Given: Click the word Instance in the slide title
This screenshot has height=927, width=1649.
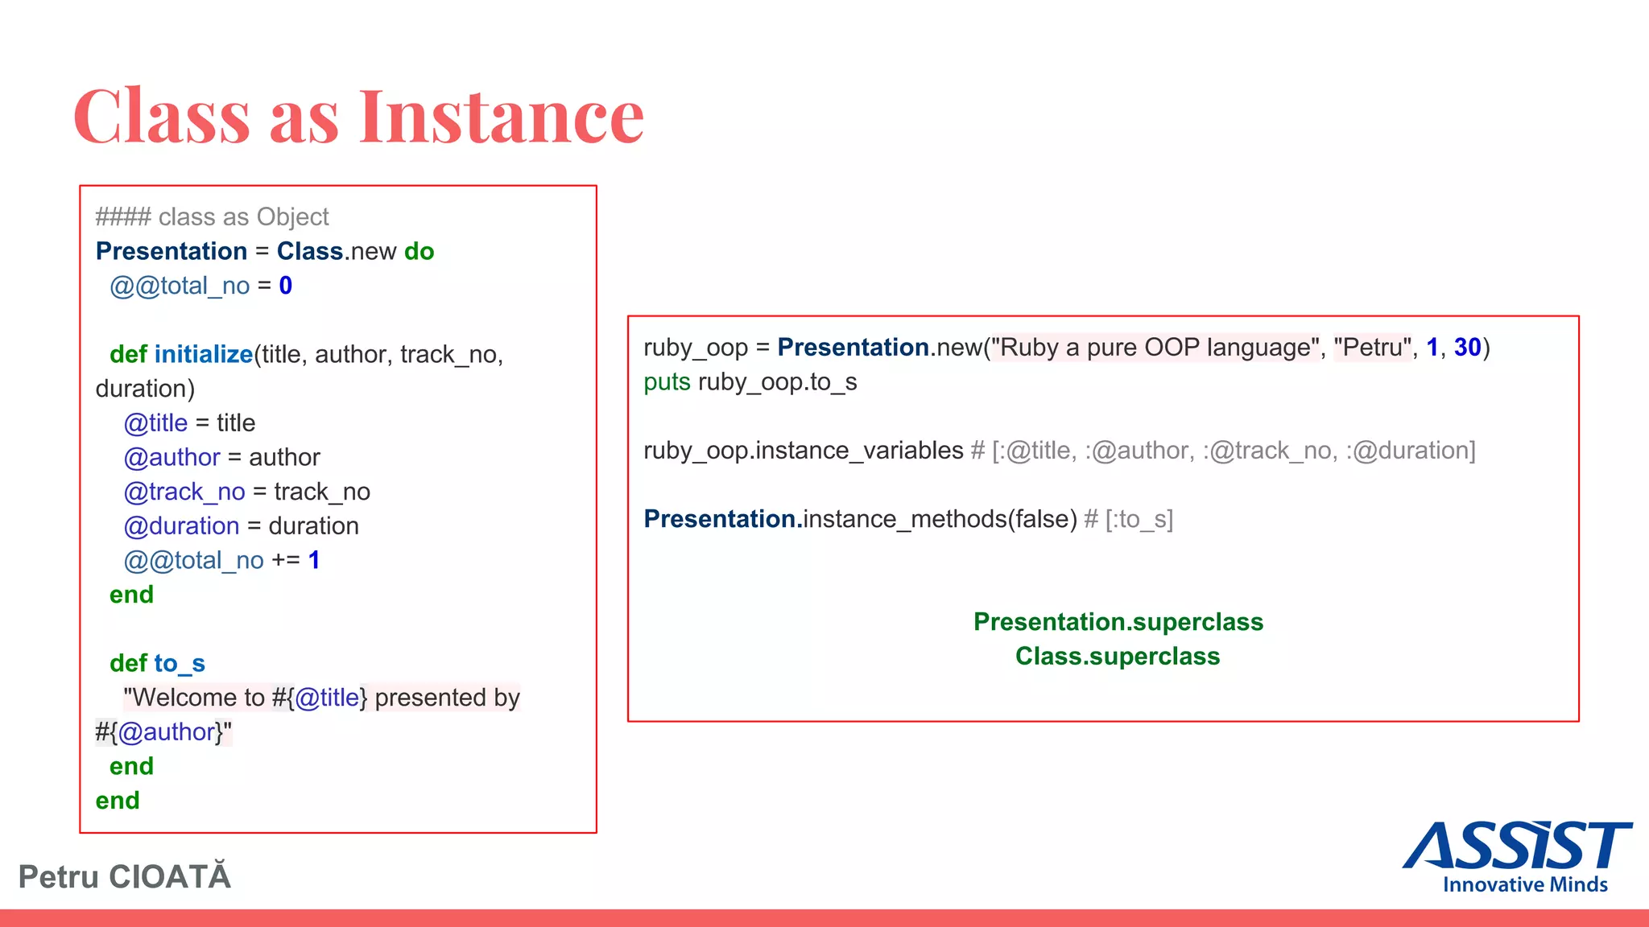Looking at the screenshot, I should [x=501, y=117].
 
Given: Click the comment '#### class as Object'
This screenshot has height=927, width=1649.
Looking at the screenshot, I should [x=212, y=216].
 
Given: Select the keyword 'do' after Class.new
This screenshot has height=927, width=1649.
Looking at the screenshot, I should [x=419, y=251].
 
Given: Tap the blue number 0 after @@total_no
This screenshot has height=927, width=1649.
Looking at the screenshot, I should [x=285, y=286].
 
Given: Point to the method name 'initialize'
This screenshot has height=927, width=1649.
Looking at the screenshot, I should [x=203, y=354].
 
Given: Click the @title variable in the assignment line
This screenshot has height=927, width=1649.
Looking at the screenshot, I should [x=155, y=423].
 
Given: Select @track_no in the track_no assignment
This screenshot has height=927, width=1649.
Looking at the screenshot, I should [x=184, y=492].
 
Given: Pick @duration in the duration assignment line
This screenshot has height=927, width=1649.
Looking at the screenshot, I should [x=181, y=526].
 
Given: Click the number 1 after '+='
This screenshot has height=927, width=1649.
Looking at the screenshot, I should [x=314, y=560].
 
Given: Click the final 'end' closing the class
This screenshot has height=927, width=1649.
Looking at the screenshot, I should [x=118, y=801].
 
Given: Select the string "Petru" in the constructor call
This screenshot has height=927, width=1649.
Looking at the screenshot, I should [x=1372, y=348].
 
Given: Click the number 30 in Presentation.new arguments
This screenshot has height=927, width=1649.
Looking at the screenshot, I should [x=1467, y=348].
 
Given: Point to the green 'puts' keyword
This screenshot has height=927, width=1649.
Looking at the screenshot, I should [x=667, y=382].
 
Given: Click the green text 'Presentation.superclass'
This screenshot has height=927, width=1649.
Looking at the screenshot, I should [x=1118, y=622].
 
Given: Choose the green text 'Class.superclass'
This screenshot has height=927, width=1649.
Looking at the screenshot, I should [x=1118, y=657].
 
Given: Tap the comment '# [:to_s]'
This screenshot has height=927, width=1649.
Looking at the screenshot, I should [x=1128, y=520].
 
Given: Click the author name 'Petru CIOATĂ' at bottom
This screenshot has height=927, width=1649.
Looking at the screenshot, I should [x=125, y=876].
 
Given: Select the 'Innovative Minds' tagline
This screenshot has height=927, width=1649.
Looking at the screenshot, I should [x=1525, y=884].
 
